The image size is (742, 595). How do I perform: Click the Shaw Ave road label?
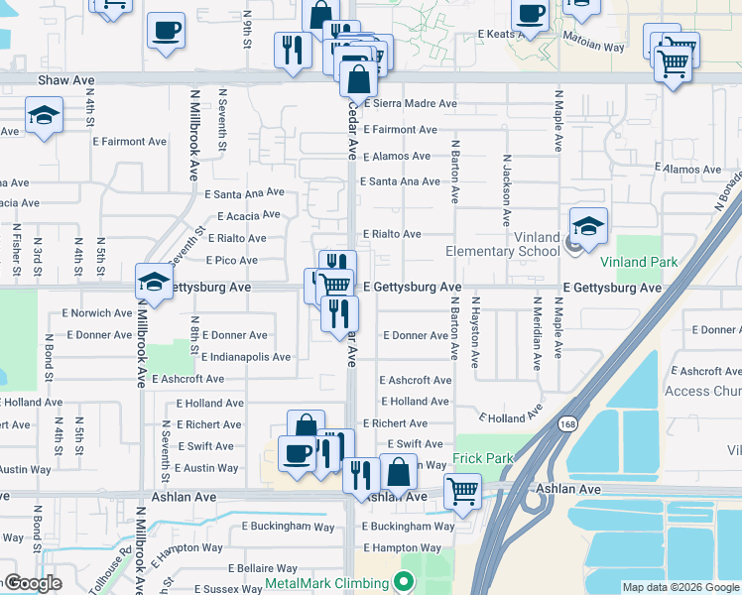66,79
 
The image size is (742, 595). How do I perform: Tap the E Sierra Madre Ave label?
410,103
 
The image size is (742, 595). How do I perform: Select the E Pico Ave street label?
231,261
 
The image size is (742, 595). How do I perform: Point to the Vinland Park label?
639,263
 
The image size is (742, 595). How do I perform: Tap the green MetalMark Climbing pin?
403,580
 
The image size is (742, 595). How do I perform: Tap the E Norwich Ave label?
96,313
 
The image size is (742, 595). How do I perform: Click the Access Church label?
702,392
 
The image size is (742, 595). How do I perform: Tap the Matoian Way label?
593,46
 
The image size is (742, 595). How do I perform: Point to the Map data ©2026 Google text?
680,587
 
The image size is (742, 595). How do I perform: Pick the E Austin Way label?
206,468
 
